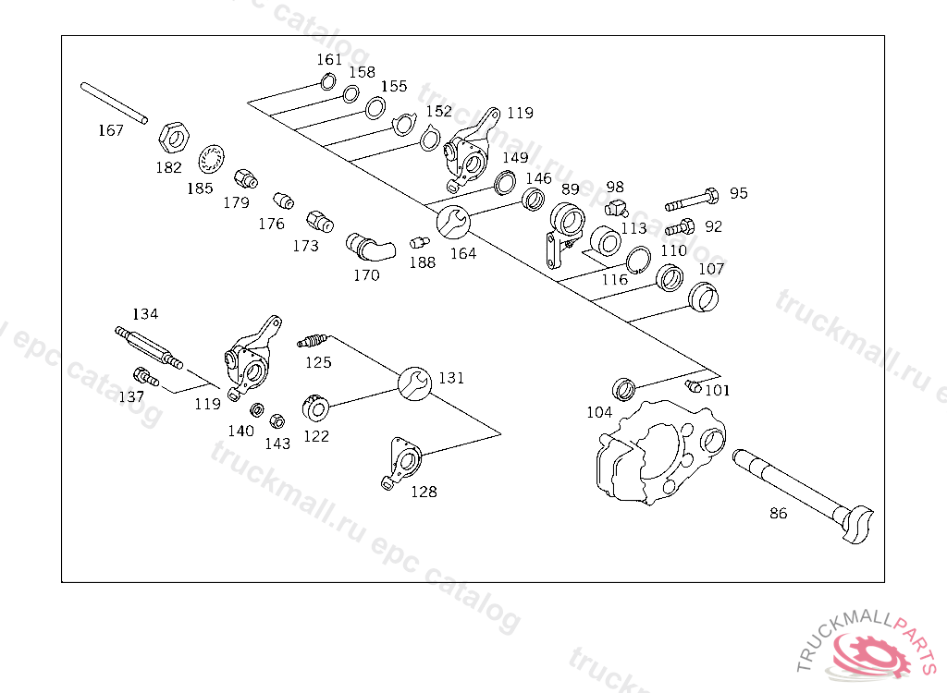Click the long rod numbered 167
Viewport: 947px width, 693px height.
(x=114, y=103)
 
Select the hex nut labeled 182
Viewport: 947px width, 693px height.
(x=174, y=139)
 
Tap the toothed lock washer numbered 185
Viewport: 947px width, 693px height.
(x=212, y=159)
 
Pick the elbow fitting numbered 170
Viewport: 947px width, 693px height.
(x=370, y=247)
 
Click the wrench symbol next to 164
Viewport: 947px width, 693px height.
(x=453, y=222)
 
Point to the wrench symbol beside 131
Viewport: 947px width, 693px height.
(x=415, y=383)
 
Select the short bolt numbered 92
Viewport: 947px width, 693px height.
(x=680, y=227)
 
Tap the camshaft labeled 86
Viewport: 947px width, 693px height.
(x=804, y=495)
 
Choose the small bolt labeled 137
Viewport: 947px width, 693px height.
(x=145, y=377)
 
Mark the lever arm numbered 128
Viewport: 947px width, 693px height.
(x=401, y=462)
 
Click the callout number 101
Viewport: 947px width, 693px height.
(x=718, y=391)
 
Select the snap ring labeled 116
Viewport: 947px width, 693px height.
(x=638, y=261)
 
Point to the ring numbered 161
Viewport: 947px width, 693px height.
(x=328, y=81)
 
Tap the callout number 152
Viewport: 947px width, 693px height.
(x=439, y=111)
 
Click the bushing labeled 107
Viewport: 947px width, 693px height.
(x=704, y=297)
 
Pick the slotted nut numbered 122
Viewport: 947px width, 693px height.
(x=315, y=407)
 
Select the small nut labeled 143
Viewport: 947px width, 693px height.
(x=277, y=420)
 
